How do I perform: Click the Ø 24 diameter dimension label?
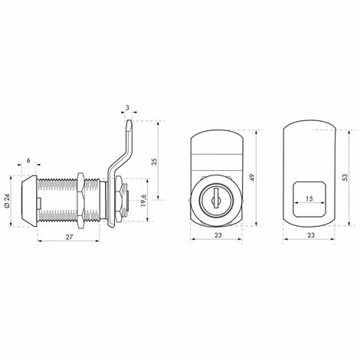click(x=7, y=201)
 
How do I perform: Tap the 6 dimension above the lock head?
click(x=28, y=160)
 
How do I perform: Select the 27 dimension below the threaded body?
click(x=69, y=237)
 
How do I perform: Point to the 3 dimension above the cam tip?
click(x=128, y=108)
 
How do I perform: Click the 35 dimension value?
click(x=154, y=162)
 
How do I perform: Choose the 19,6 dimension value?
click(x=143, y=200)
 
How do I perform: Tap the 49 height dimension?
click(x=252, y=178)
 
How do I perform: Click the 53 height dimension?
click(x=345, y=178)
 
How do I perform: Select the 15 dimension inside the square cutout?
click(x=309, y=198)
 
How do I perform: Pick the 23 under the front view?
click(x=218, y=235)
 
